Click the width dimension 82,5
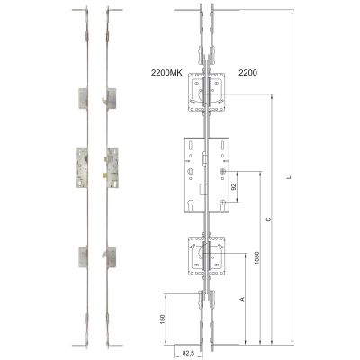coord(187,353)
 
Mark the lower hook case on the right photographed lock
coord(111,256)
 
